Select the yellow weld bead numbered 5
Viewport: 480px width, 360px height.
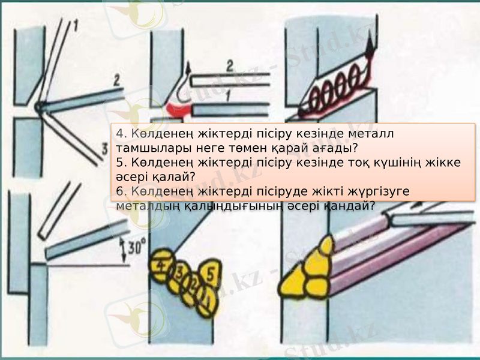point(209,274)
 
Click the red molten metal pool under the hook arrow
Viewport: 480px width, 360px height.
point(178,109)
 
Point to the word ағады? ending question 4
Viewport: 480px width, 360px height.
point(333,146)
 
